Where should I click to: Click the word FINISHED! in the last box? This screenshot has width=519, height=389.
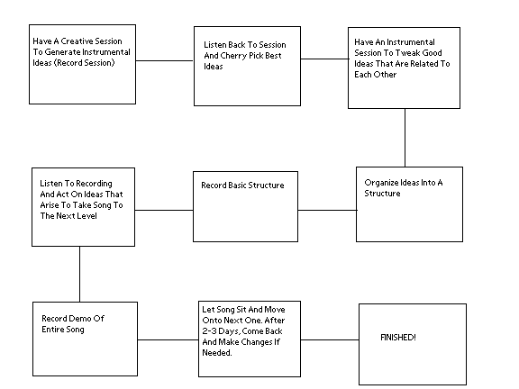coord(398,338)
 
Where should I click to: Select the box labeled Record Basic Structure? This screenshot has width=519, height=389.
coord(245,206)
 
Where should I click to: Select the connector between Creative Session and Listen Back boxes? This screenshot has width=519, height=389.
coord(165,60)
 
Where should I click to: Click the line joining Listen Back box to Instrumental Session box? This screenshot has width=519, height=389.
coord(324,59)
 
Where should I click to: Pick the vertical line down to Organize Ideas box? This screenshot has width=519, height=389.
coord(405,138)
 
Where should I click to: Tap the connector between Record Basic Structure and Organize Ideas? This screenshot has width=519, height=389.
coord(327,210)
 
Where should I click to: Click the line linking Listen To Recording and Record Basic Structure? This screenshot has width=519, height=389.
coord(164,210)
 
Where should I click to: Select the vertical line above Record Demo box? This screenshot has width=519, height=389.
coord(80,274)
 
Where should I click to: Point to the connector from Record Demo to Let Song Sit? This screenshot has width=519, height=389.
coord(168,339)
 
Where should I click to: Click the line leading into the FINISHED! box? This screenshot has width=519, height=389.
coord(330,339)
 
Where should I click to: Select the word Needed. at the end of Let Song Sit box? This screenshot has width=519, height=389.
coord(217,353)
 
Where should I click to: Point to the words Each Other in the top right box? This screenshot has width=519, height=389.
coord(376,75)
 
